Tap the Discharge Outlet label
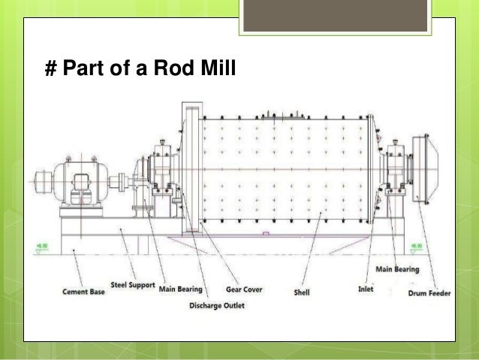pos(217,305)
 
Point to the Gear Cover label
pos(244,289)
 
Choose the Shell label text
pos(302,292)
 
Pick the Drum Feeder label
pos(429,292)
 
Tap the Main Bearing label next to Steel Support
pos(180,289)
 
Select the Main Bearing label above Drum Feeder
pos(397,268)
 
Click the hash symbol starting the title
pos(51,71)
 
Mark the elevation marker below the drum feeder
pos(417,246)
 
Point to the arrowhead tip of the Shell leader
pos(321,213)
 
